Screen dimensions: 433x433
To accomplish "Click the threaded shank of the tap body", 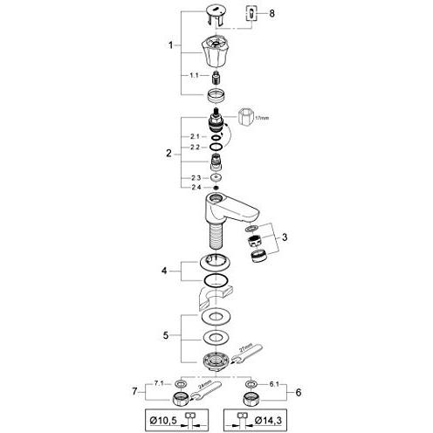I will [215, 235].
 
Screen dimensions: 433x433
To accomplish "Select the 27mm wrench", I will [248, 354].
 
